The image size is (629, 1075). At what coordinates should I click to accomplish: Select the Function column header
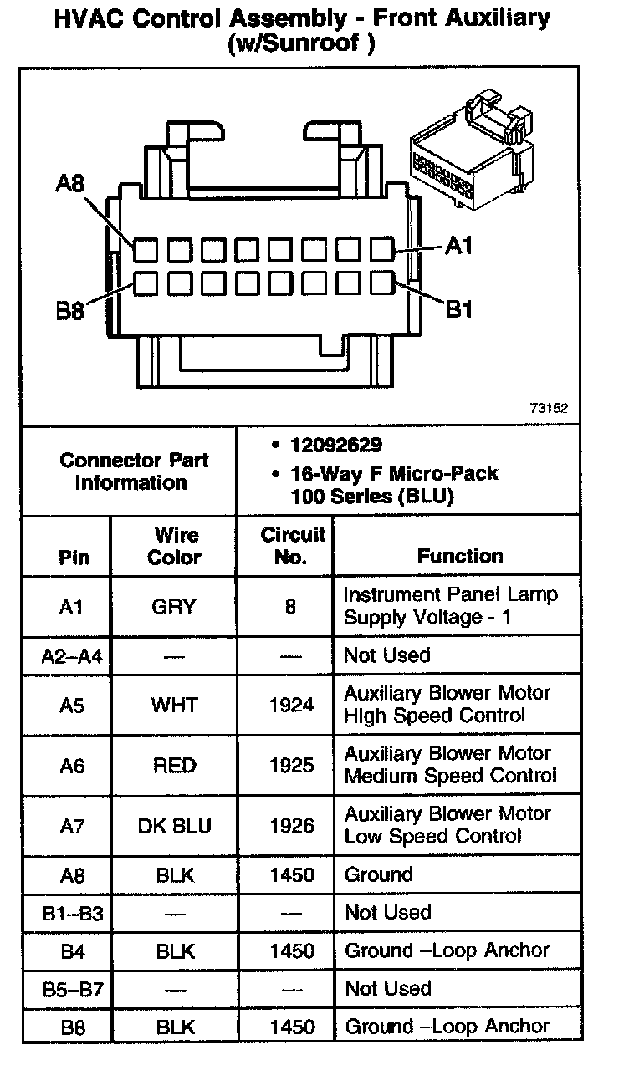pyautogui.click(x=460, y=556)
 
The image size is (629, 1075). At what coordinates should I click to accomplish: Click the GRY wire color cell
pyautogui.click(x=174, y=606)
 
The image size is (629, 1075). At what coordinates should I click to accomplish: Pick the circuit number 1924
pyautogui.click(x=292, y=705)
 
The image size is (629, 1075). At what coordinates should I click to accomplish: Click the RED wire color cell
pyautogui.click(x=174, y=765)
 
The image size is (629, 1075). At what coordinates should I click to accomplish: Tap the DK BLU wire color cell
pyautogui.click(x=174, y=825)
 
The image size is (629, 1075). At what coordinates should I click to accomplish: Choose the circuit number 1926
pyautogui.click(x=292, y=825)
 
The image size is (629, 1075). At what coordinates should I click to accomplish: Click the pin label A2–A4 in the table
pyautogui.click(x=72, y=656)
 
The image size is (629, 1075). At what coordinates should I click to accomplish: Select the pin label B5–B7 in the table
pyautogui.click(x=72, y=990)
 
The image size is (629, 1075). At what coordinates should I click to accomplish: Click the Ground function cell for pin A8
pyautogui.click(x=379, y=875)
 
